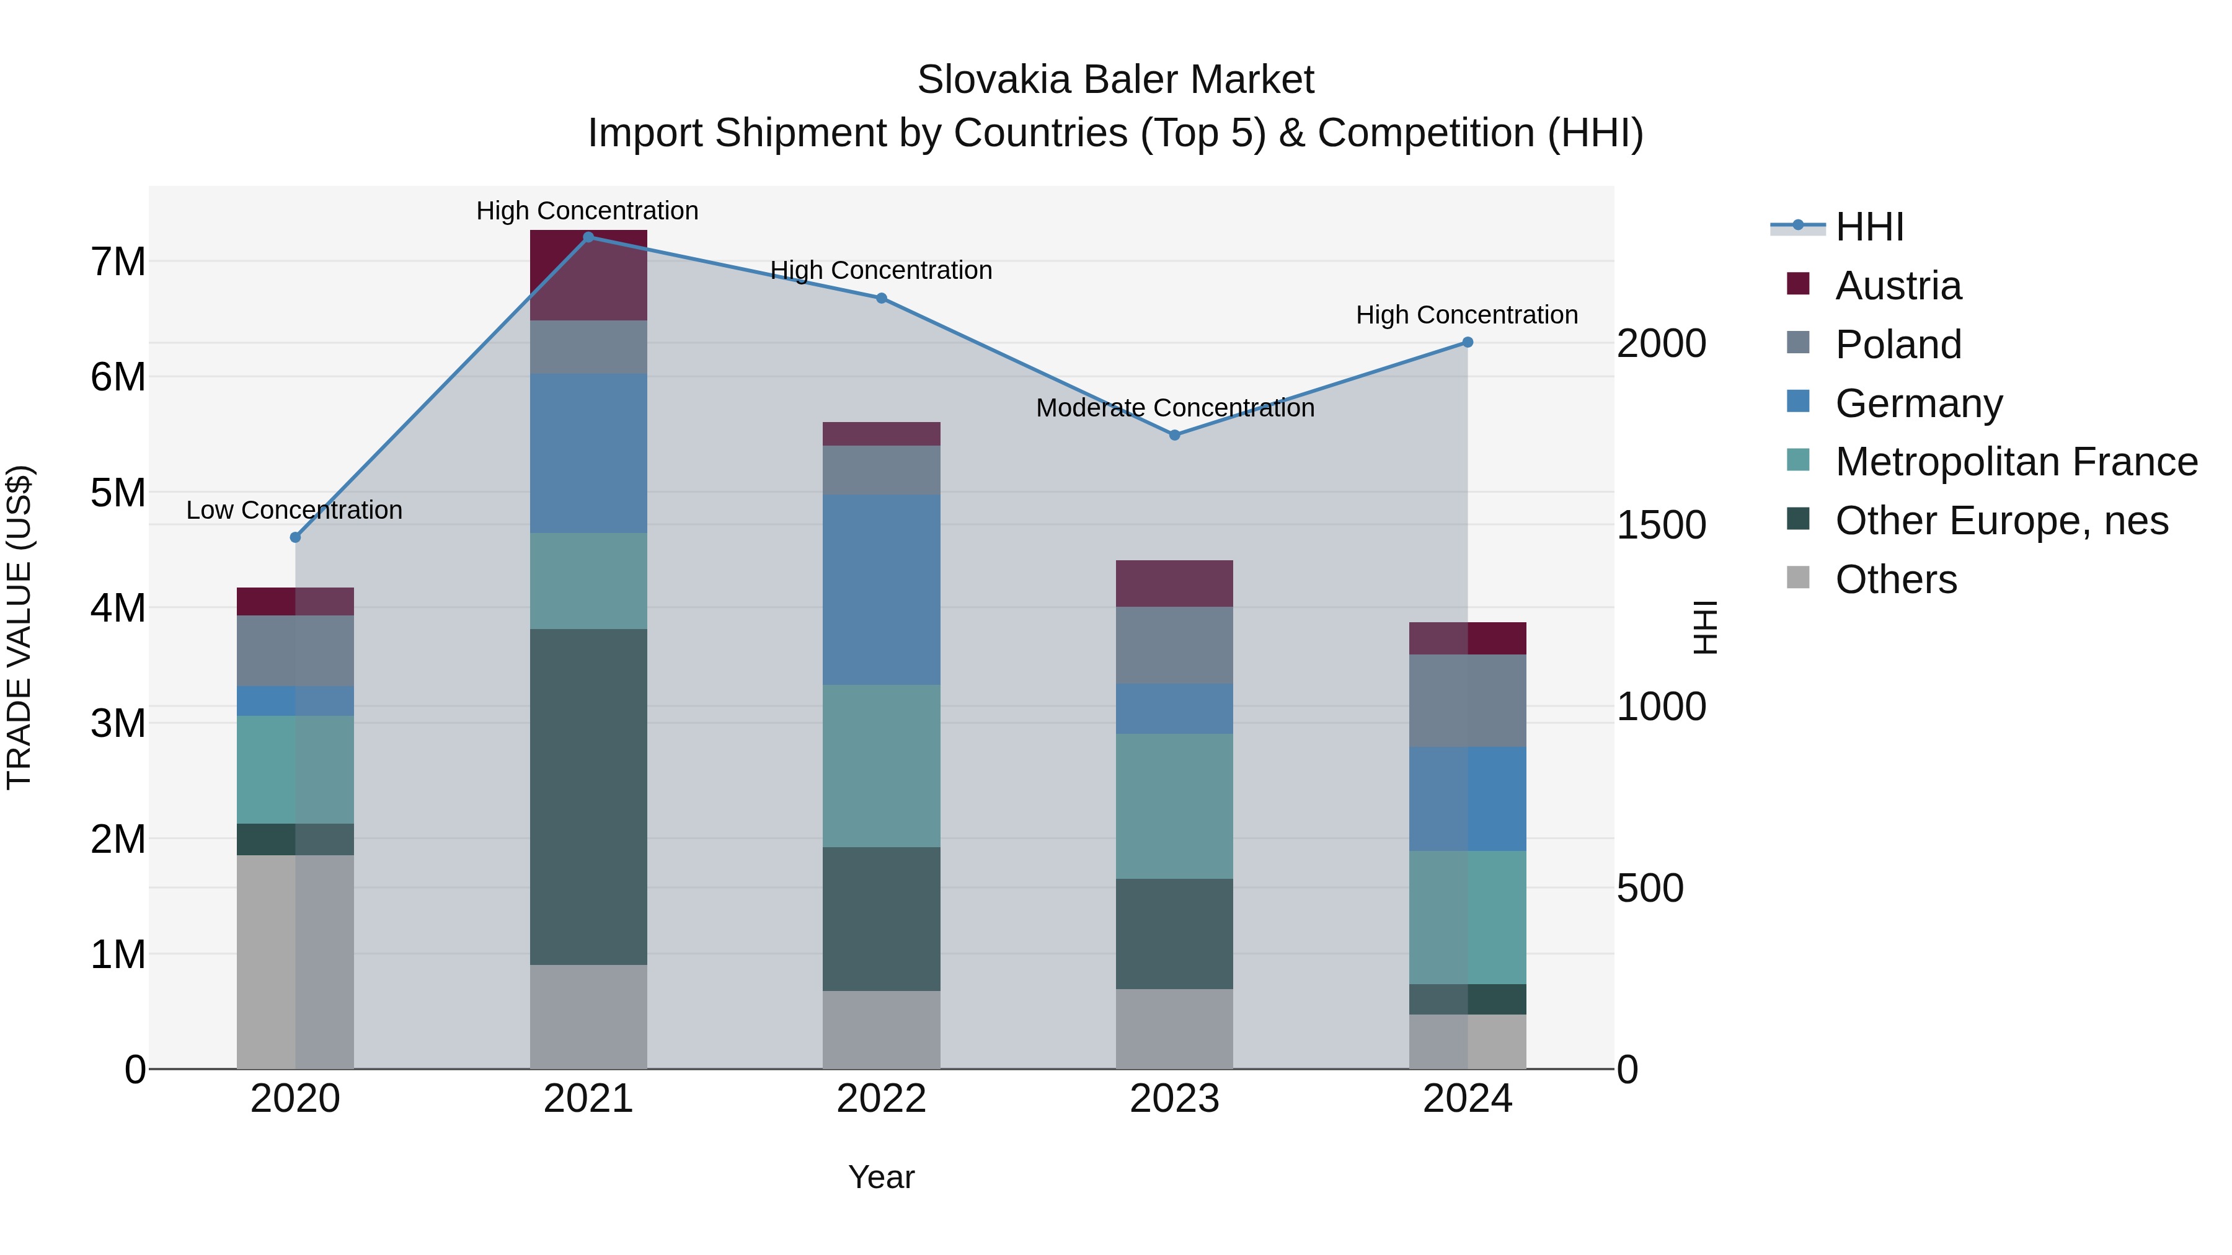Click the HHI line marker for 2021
[x=588, y=237]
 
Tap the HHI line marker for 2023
[x=1175, y=435]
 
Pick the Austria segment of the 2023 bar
[x=1174, y=583]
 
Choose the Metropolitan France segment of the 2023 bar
[x=1174, y=806]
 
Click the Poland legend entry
[x=1898, y=345]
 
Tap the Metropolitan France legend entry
[x=2016, y=462]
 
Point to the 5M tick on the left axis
[x=118, y=493]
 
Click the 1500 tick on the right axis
[x=1661, y=525]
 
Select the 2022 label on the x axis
[x=881, y=1099]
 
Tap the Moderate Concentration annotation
[x=1175, y=408]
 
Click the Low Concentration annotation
[x=294, y=510]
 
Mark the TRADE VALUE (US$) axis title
[x=19, y=627]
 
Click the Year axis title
[x=881, y=1177]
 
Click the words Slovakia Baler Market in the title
[x=1115, y=80]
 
